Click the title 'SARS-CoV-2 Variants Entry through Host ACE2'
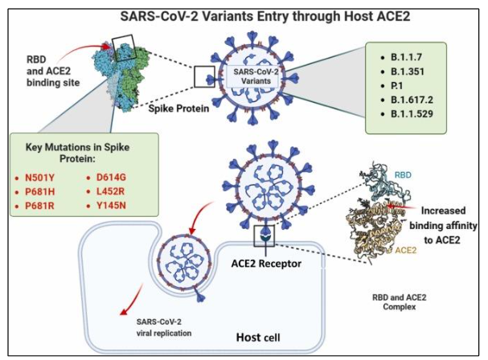coord(244,14)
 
